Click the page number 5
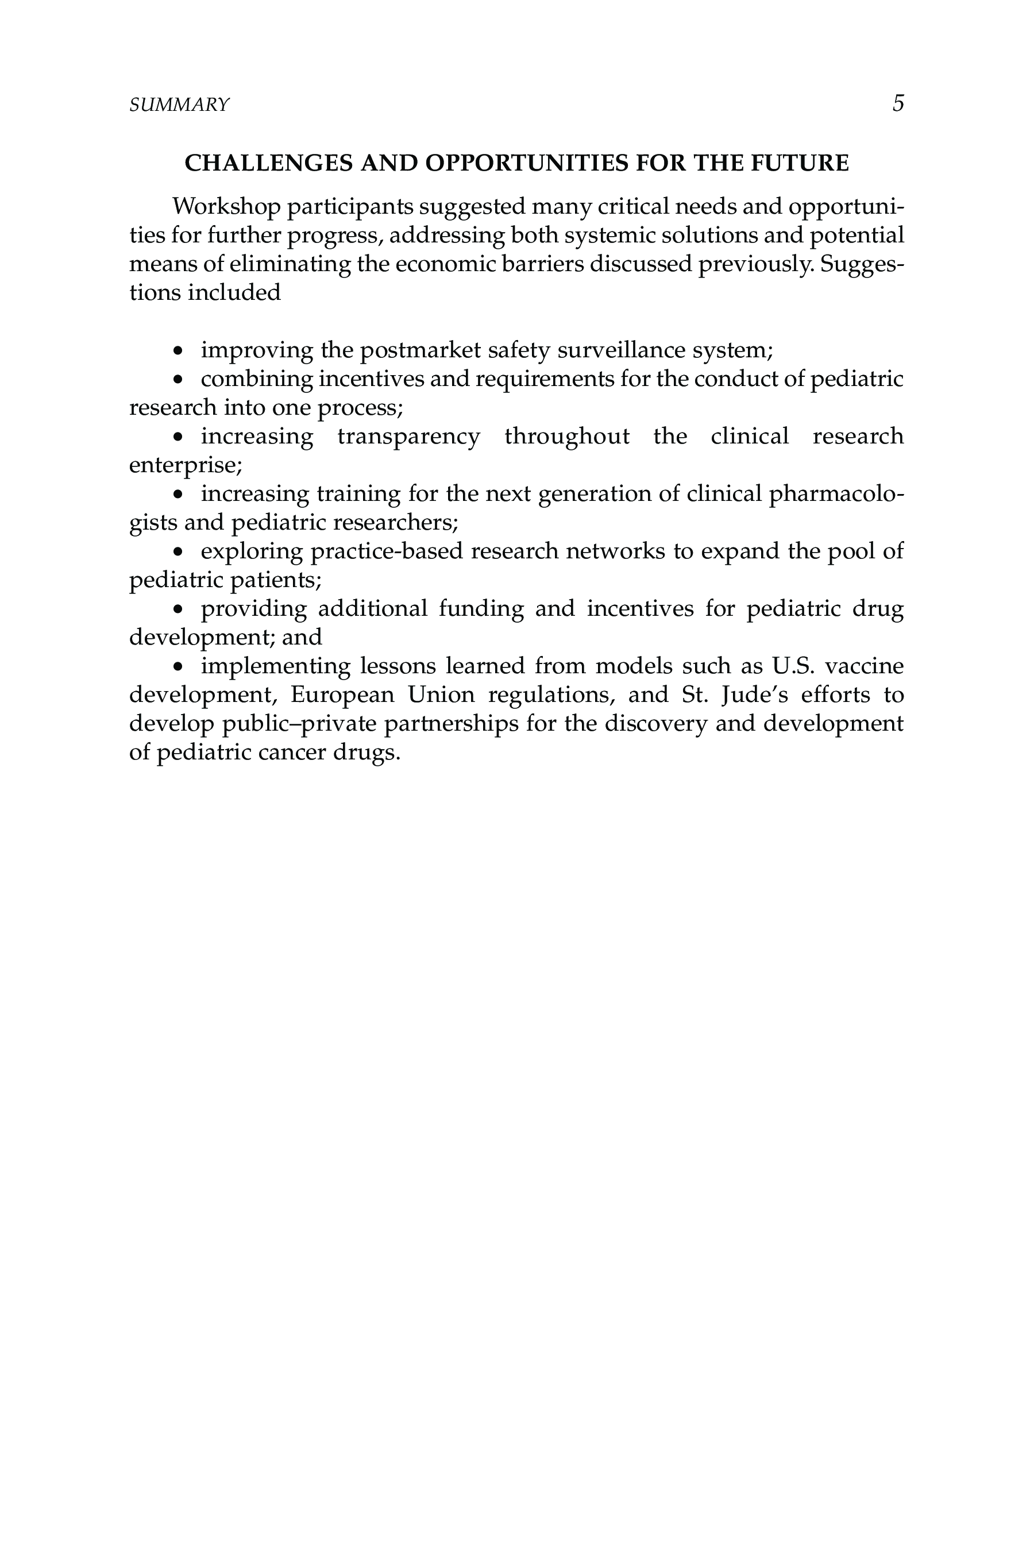897,103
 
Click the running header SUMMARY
179,105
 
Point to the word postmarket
420,350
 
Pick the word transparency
408,437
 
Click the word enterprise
183,465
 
